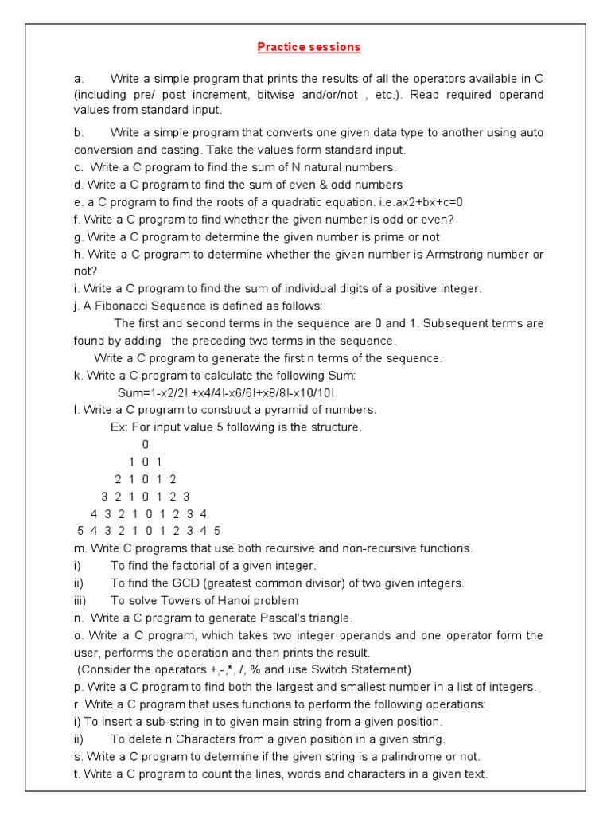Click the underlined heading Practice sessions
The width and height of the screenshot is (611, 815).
click(309, 47)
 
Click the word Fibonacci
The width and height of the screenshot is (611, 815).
click(123, 306)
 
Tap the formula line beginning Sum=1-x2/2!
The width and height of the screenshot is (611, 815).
click(226, 393)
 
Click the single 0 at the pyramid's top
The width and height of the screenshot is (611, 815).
click(146, 444)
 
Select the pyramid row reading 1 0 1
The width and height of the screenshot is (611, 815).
click(146, 462)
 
